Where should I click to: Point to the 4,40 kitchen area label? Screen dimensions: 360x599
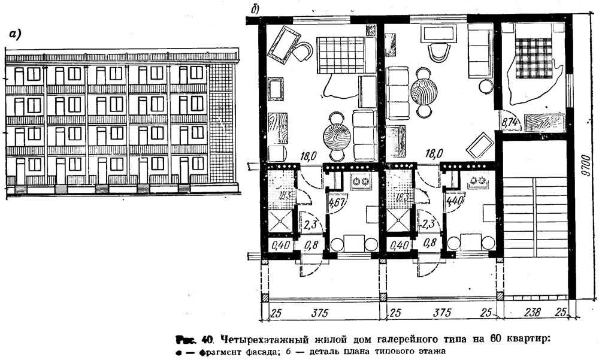(x=455, y=201)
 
